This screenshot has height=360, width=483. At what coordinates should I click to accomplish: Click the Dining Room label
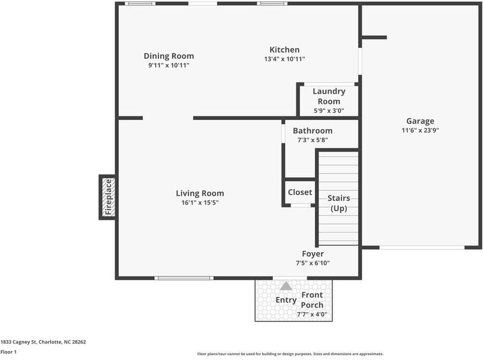coord(169,56)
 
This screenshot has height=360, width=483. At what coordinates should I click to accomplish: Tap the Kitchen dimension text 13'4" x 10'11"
coord(284,59)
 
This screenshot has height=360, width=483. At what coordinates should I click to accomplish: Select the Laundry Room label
coord(329,96)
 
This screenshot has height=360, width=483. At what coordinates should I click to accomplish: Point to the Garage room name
coord(420,121)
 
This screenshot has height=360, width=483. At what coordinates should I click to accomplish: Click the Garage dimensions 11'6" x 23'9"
coord(420,130)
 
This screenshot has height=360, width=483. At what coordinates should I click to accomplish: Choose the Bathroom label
coord(313,131)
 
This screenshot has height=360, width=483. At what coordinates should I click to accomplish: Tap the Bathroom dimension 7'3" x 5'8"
coord(313,140)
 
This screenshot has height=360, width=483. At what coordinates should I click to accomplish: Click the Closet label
coord(300,192)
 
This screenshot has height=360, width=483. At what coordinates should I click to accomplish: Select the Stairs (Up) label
coord(338,203)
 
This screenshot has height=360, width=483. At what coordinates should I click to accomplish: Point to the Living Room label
coord(200,193)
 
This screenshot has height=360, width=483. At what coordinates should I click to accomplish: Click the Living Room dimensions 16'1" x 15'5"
coord(200,203)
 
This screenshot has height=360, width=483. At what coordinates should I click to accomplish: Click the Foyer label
coord(313,254)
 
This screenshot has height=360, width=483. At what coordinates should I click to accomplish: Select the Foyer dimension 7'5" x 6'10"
coord(313,263)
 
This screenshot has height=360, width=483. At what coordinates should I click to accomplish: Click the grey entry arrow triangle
coord(286,286)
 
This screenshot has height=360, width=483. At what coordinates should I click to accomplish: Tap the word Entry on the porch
coord(286,300)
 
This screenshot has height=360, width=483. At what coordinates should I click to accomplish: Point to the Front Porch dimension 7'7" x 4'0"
coord(312,314)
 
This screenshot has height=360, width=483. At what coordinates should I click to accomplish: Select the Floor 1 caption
coord(8,352)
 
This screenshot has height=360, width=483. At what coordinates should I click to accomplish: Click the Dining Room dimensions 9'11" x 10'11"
coord(169,65)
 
